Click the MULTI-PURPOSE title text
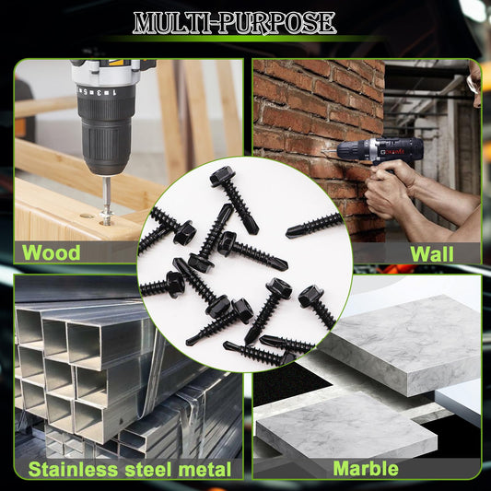coord(234,22)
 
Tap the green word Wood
coord(51,252)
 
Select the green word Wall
coord(432,253)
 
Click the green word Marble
coord(366,469)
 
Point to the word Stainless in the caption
coord(74,470)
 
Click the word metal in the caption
coord(205,470)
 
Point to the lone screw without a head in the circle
coord(315,224)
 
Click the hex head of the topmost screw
coord(221,177)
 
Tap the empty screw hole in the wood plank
coord(87,216)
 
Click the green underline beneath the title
coord(244,39)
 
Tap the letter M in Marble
coord(341,469)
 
